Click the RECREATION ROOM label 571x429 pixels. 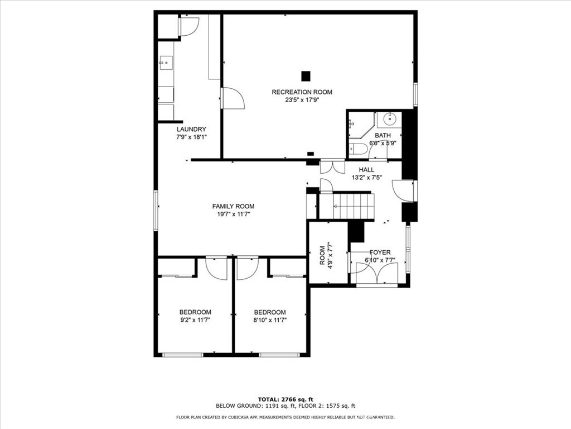[x=302, y=92]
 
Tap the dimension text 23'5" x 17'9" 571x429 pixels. [x=302, y=101]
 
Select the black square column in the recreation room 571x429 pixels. [x=306, y=75]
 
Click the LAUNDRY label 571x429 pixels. [x=176, y=129]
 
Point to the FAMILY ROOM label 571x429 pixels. [x=233, y=206]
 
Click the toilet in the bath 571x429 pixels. [x=358, y=149]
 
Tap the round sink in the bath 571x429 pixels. [x=390, y=119]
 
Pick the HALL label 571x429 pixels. [x=366, y=170]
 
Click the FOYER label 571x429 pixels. [x=380, y=252]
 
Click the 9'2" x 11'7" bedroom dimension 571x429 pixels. [x=195, y=321]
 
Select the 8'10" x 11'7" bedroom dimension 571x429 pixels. [x=270, y=321]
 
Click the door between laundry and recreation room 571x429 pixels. [x=233, y=99]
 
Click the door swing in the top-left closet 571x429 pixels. [x=188, y=26]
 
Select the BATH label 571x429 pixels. [x=383, y=135]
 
